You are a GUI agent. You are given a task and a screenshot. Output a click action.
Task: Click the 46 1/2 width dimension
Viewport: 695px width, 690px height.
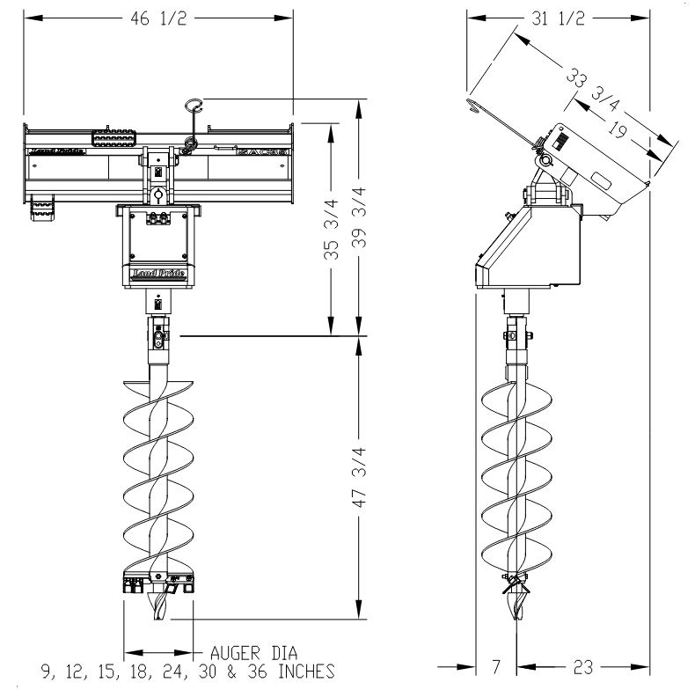pyautogui.click(x=159, y=18)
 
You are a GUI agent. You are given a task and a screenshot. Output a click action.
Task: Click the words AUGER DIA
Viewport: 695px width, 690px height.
pyautogui.click(x=252, y=653)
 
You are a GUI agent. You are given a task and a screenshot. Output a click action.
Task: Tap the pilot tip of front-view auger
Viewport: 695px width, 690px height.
pyautogui.click(x=158, y=611)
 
